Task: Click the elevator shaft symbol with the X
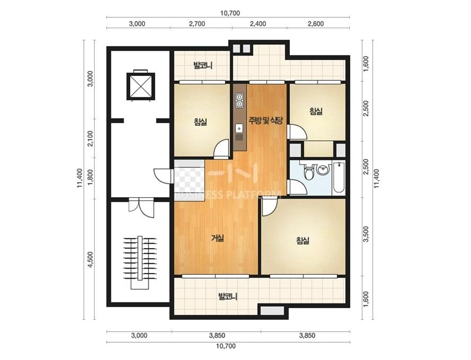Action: point(140,86)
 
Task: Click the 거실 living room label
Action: point(218,238)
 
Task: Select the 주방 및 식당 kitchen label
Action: point(265,121)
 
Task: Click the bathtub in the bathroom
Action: point(339,178)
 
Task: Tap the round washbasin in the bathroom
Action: point(323,169)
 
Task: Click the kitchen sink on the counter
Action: point(239,128)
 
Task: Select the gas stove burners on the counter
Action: point(239,101)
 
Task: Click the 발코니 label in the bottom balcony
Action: point(228,297)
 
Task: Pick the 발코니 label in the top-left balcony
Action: point(203,65)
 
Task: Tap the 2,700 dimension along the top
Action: point(197,24)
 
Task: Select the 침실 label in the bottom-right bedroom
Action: point(303,240)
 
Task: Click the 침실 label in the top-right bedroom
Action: point(316,111)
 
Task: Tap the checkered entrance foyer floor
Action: point(190,179)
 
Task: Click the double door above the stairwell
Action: point(141,207)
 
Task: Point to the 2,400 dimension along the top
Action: point(258,24)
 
